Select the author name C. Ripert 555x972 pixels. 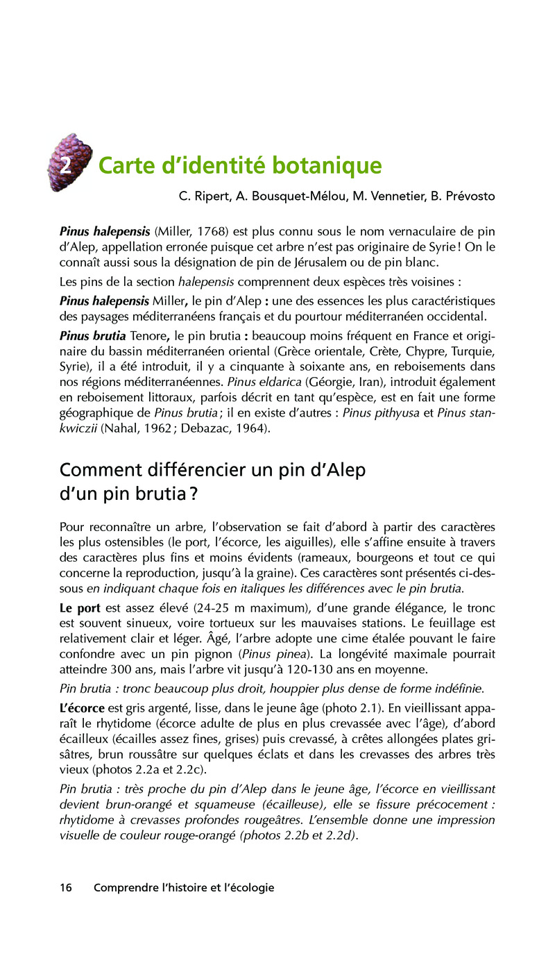[x=205, y=196]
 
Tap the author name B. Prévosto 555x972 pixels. [x=463, y=196]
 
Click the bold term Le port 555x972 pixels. [x=80, y=607]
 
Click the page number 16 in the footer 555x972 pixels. [x=67, y=887]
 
